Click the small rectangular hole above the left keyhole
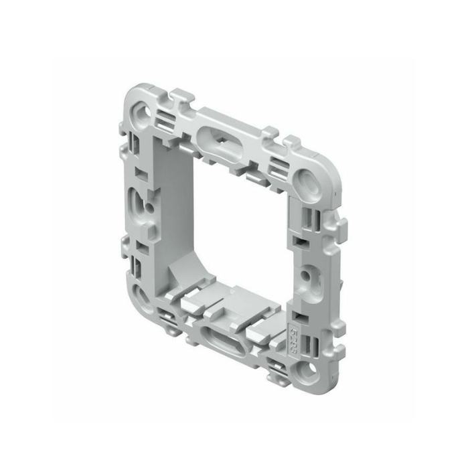[x=143, y=172]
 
